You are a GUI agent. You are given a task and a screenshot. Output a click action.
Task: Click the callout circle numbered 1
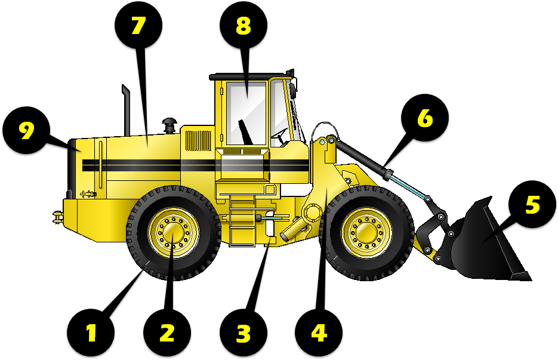pos(91,333)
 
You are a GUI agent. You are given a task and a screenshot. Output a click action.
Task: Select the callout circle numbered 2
pos(167,333)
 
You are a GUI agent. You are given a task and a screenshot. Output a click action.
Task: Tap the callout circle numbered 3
pos(243,333)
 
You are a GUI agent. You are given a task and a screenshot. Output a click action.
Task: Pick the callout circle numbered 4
pos(319,333)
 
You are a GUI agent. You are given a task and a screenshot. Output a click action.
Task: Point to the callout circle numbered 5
pos(532,204)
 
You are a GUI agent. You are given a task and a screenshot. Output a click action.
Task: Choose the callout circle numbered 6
pos(424,118)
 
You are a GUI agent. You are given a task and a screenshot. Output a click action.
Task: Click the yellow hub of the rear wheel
pos(173,233)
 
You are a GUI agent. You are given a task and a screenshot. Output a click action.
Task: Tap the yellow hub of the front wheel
pos(366,233)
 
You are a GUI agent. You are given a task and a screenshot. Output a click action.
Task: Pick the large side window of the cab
pos(246,113)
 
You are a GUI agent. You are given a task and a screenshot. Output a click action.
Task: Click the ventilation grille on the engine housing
pos(198,141)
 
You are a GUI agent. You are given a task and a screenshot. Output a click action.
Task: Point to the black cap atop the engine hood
pos(169,126)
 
